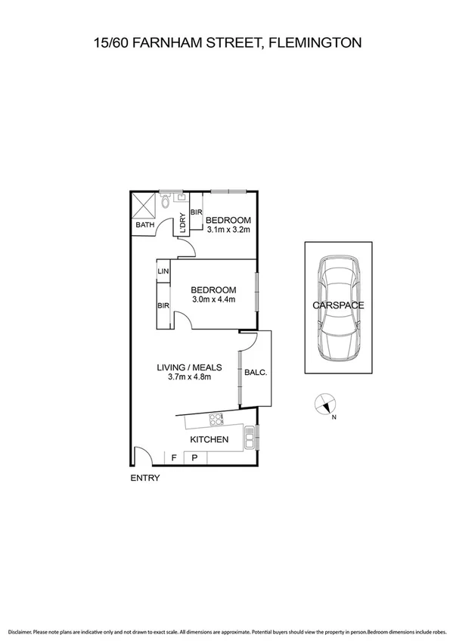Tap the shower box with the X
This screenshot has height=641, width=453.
pos(142,204)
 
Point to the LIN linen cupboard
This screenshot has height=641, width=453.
pos(163,271)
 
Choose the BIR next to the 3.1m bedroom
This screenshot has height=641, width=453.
pos(194,212)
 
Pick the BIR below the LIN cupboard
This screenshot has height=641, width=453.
pos(163,305)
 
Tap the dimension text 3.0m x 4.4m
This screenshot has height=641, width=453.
pos(213,300)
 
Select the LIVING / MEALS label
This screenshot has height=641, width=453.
pos(188,367)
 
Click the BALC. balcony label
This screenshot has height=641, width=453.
pos(255,372)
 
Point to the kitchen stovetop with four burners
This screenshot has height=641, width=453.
pos(216,418)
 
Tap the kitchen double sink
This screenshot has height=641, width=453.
pos(249,435)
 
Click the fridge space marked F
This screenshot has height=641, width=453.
pos(174,457)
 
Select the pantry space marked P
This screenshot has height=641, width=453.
pos(194,457)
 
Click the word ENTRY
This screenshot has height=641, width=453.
pos(144,478)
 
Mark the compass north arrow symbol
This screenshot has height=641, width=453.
pos(326,406)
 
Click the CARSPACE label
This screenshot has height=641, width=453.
pos(338,305)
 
